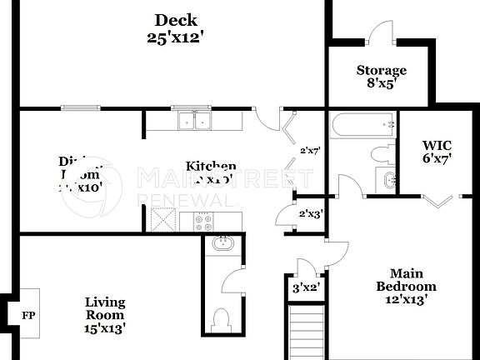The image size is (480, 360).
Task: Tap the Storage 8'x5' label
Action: tap(382, 76)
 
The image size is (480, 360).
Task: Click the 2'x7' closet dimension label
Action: tap(310, 150)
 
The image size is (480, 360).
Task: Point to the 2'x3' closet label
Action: tap(310, 213)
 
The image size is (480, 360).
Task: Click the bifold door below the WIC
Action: tap(438, 200)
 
